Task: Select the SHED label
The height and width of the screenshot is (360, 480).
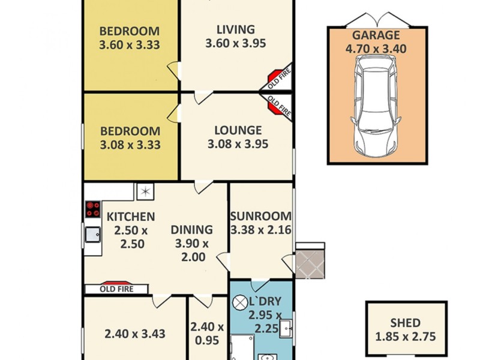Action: (407, 323)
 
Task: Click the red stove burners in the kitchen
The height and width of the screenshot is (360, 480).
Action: (93, 209)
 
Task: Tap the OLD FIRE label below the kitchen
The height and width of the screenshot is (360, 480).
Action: (116, 289)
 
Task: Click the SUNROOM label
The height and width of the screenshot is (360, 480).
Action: (262, 216)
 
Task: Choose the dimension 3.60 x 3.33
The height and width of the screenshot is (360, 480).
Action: (130, 44)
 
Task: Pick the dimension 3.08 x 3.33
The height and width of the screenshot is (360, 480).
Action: (130, 144)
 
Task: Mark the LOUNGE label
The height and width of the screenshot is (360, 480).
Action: (238, 130)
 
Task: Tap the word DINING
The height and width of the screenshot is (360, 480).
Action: (191, 229)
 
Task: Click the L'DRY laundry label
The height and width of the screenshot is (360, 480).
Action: (270, 302)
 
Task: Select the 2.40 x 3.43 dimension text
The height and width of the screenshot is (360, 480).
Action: (135, 334)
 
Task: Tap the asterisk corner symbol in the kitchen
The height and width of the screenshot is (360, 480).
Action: (145, 191)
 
